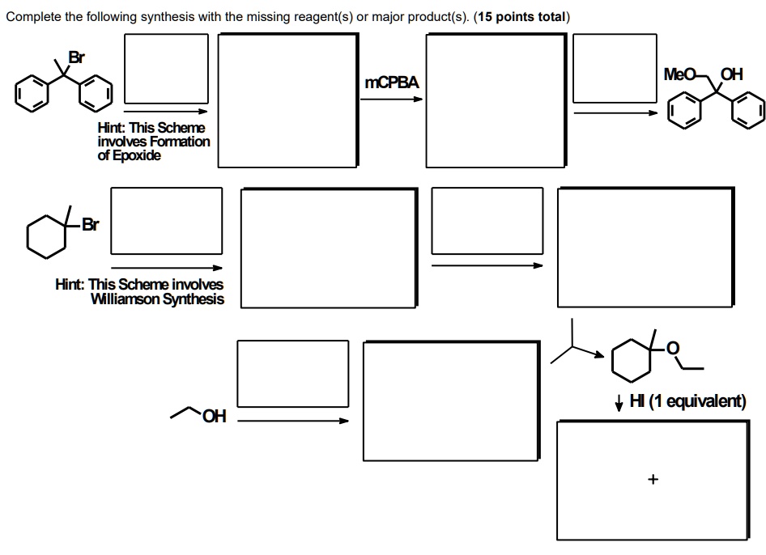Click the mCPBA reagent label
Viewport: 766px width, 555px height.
(x=392, y=83)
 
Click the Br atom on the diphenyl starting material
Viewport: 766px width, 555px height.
(x=77, y=57)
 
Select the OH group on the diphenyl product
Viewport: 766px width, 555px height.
(x=731, y=74)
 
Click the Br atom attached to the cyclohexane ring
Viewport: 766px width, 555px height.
(x=91, y=224)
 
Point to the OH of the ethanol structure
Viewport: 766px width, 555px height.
(x=215, y=417)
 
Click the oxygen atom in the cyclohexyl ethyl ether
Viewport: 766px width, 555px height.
(x=673, y=348)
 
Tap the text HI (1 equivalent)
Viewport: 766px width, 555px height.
(x=687, y=400)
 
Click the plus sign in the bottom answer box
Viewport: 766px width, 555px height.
(x=653, y=479)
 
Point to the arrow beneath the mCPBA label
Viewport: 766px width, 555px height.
(x=391, y=100)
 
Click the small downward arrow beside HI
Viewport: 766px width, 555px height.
(x=619, y=402)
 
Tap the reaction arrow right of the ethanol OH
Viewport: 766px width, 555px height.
(x=293, y=421)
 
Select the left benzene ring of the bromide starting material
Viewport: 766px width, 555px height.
(x=32, y=93)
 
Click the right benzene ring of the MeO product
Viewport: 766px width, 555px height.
(x=748, y=110)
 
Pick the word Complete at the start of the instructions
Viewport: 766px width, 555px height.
(x=34, y=17)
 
